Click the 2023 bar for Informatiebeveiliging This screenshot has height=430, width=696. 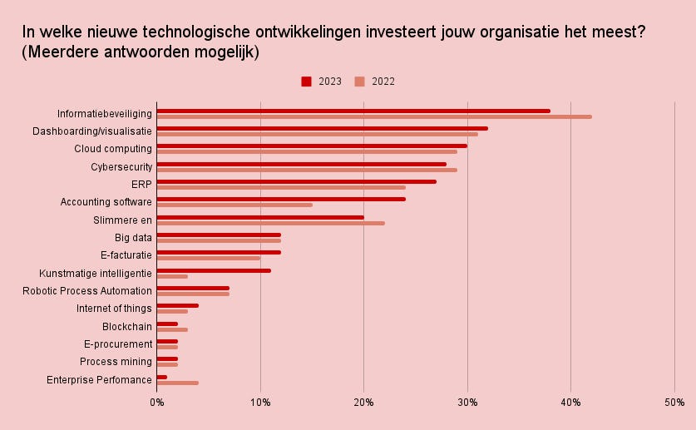[x=353, y=111]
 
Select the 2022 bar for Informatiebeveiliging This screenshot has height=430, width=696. [x=374, y=116]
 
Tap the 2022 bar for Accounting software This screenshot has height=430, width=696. [x=234, y=205]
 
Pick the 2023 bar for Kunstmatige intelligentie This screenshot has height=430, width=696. [x=214, y=270]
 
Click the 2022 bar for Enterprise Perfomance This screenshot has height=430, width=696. [x=178, y=383]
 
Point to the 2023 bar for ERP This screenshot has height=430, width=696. [x=296, y=181]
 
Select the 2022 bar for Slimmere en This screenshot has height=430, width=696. [x=270, y=223]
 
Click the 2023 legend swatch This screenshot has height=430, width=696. [x=306, y=82]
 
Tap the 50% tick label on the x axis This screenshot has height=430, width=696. [x=674, y=403]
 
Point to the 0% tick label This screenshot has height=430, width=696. [x=157, y=403]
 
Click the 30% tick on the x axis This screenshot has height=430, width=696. [x=467, y=403]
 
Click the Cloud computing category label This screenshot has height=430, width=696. [x=113, y=149]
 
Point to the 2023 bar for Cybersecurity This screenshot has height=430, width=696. [x=301, y=164]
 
